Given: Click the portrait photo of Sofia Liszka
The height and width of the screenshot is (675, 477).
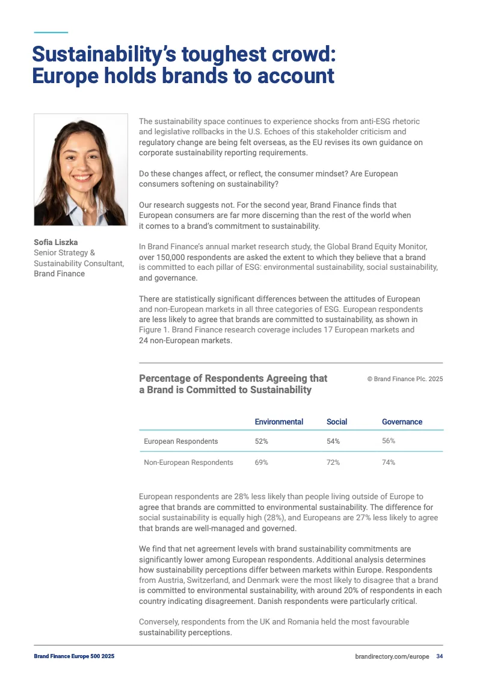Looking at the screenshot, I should click(x=81, y=170).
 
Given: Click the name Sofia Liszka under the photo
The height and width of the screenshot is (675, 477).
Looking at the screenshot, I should click(x=56, y=243).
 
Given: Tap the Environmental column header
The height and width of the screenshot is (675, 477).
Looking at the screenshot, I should click(x=279, y=421).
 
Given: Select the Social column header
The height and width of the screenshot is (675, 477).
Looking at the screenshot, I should click(x=337, y=421).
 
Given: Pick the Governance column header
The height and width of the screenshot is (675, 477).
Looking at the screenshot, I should click(x=402, y=421).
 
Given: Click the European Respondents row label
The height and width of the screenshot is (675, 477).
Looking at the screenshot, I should click(x=180, y=441).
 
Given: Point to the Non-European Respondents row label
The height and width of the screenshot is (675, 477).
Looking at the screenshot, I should click(x=188, y=462).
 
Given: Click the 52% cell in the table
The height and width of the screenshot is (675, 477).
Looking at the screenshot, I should click(x=261, y=441).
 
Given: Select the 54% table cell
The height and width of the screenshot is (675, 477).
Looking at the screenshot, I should click(x=333, y=441).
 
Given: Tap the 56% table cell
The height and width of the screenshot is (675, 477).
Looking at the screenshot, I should click(x=389, y=441).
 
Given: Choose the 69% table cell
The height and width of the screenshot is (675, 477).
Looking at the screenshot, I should click(x=261, y=462).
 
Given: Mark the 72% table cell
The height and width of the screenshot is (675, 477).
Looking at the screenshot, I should click(x=333, y=462).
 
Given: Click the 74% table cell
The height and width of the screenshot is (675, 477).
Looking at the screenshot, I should click(x=389, y=462).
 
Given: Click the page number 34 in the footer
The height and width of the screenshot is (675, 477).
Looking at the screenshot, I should click(x=440, y=656).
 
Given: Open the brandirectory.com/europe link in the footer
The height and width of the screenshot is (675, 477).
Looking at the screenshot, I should click(x=392, y=656).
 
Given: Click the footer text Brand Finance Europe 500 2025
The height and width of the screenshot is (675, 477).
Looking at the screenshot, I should click(x=74, y=656).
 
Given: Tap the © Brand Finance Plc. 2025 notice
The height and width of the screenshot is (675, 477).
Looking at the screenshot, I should click(x=405, y=379).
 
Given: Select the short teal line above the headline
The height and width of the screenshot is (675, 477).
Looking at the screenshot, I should click(x=51, y=32).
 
